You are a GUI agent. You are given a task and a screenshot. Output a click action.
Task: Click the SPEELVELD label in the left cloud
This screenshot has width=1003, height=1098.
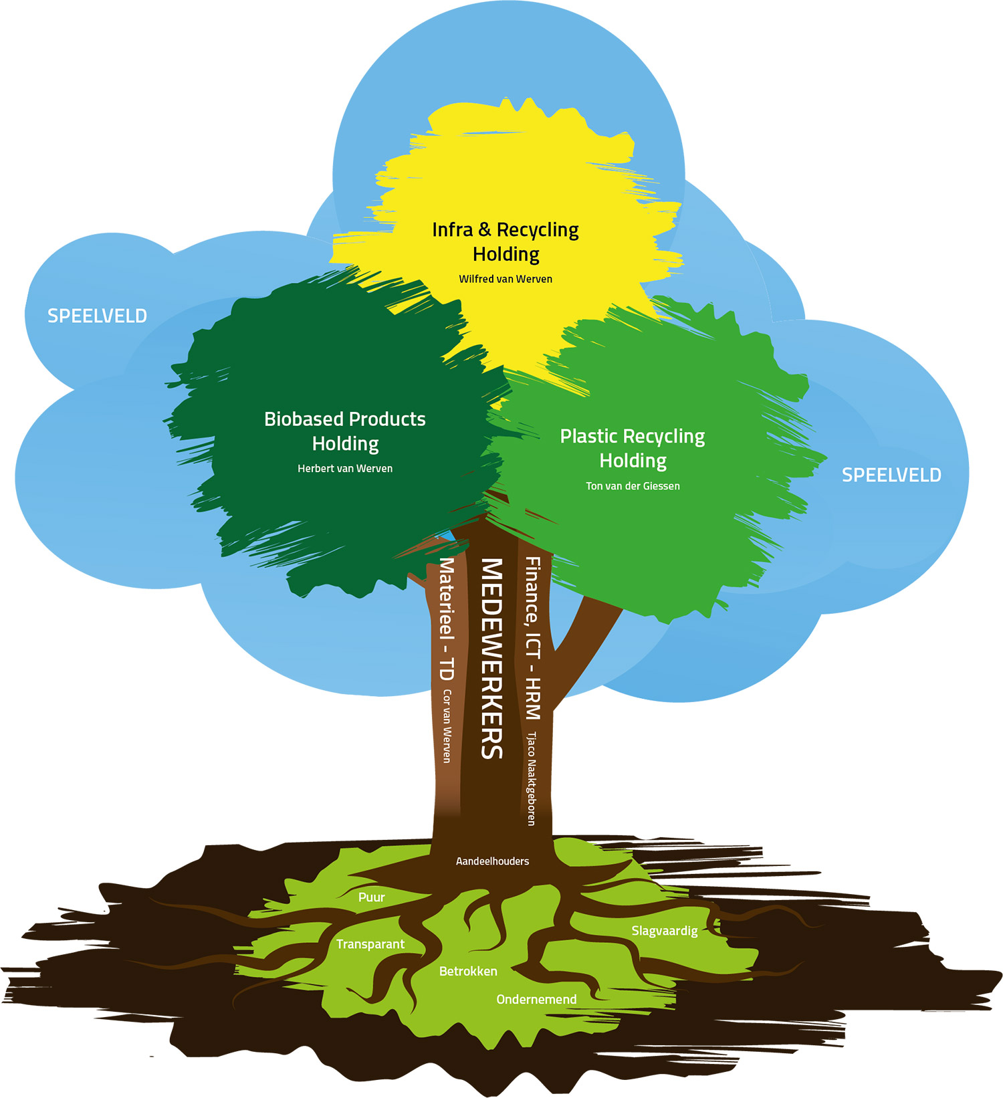pyautogui.click(x=97, y=316)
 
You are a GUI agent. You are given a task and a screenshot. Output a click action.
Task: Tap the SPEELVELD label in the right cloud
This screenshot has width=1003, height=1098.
pyautogui.click(x=891, y=475)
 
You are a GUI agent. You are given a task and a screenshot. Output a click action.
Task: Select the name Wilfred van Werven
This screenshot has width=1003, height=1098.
pyautogui.click(x=506, y=279)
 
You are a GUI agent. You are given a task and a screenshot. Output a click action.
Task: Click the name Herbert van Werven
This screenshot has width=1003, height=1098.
pyautogui.click(x=345, y=468)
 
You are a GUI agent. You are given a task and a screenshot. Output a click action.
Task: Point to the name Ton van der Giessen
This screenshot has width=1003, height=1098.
pyautogui.click(x=633, y=486)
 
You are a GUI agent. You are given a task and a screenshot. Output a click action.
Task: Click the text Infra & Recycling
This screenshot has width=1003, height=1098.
pyautogui.click(x=506, y=230)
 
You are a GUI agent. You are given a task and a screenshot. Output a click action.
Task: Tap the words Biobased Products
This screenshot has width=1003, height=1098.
pyautogui.click(x=345, y=419)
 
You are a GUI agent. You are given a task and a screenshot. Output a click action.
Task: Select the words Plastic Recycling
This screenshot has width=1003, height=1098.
pyautogui.click(x=633, y=437)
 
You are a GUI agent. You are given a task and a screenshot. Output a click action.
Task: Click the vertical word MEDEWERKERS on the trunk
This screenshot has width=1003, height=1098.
pyautogui.click(x=491, y=659)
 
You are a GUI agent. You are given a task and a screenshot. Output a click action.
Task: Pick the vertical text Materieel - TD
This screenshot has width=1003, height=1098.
pyautogui.click(x=446, y=619)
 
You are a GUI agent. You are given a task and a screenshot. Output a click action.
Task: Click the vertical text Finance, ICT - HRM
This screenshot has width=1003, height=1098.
pyautogui.click(x=532, y=638)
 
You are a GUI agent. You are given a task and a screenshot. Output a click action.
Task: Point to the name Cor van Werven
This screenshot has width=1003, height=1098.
pyautogui.click(x=447, y=726)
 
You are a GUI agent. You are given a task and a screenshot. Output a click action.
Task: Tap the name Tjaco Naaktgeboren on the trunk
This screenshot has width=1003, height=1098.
pyautogui.click(x=532, y=778)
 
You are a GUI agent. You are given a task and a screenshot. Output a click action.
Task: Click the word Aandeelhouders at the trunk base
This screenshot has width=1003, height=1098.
pyautogui.click(x=492, y=861)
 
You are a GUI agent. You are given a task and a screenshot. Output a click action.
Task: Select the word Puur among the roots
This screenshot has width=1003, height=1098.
pyautogui.click(x=371, y=897)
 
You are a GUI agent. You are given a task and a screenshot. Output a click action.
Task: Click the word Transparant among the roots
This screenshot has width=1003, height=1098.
pyautogui.click(x=370, y=944)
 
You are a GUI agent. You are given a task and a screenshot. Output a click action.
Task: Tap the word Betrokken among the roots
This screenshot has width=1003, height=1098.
pyautogui.click(x=468, y=971)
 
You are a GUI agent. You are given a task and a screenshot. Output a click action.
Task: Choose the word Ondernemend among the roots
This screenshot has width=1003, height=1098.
pyautogui.click(x=536, y=999)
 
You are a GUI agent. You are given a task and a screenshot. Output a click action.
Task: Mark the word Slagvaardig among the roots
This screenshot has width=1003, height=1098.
pyautogui.click(x=664, y=931)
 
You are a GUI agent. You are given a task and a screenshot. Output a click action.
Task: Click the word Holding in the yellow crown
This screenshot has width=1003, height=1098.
pyautogui.click(x=506, y=254)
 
